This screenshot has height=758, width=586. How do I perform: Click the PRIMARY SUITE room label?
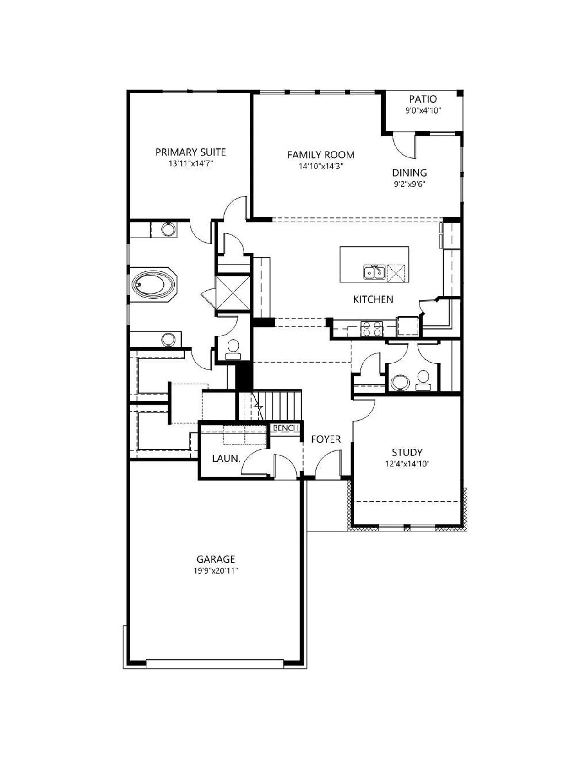pyautogui.click(x=190, y=152)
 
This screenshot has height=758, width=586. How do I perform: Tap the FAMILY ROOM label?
pyautogui.click(x=321, y=155)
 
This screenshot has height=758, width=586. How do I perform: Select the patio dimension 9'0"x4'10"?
pyautogui.click(x=423, y=111)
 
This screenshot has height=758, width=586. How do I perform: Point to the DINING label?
pyautogui.click(x=409, y=173)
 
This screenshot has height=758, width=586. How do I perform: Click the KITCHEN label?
pyautogui.click(x=373, y=299)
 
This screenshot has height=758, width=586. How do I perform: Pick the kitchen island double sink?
pyautogui.click(x=374, y=272)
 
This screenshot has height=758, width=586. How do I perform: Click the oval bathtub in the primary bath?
pyautogui.click(x=153, y=285)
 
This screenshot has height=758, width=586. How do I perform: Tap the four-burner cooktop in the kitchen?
pyautogui.click(x=371, y=329)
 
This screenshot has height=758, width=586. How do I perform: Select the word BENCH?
pyautogui.click(x=286, y=428)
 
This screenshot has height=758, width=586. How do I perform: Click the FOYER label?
pyautogui.click(x=326, y=439)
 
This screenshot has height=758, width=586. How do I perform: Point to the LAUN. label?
pyautogui.click(x=226, y=459)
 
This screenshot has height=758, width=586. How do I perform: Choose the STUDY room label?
pyautogui.click(x=407, y=453)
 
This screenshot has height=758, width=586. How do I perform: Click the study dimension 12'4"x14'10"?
pyautogui.click(x=407, y=464)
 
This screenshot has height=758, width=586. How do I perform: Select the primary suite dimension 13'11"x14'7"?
pyautogui.click(x=190, y=163)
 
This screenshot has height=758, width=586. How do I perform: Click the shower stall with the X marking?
pyautogui.click(x=233, y=292)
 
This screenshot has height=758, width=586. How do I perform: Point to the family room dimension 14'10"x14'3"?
pyautogui.click(x=321, y=167)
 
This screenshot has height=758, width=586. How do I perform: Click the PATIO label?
pyautogui.click(x=423, y=99)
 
